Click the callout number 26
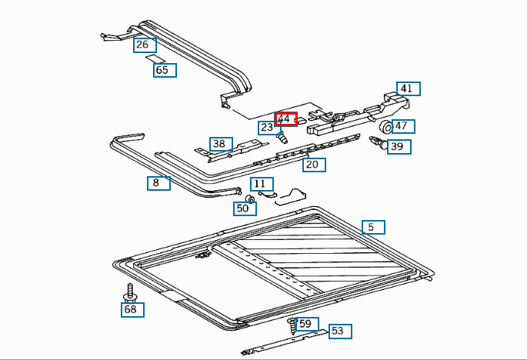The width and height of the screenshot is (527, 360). pos(143,45)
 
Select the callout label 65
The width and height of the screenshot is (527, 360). pos(163,70)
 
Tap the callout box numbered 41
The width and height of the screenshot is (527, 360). pos(407,88)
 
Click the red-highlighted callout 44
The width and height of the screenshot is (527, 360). pos(285,118)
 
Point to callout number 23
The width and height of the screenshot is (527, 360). pos(267,128)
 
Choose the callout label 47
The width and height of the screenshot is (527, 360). pos(403,126)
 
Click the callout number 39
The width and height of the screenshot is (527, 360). pos(398,146)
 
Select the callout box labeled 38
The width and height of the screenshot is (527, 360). pos(220,144)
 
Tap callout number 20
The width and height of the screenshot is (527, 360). pos(312,165)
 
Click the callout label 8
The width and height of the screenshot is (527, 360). pos(158,183)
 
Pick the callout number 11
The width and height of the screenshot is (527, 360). pos(262,184)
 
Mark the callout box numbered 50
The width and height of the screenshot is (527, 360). pos(244,208)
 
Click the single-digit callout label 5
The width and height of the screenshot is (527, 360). pos(372,227)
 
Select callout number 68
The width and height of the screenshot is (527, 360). pos(132,309)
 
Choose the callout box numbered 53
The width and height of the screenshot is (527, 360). pos(339,332)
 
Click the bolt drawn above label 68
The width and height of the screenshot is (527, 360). pos(128,293)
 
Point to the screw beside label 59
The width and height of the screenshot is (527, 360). pos(292,325)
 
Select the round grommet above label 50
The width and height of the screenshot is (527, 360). pos(249,199)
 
